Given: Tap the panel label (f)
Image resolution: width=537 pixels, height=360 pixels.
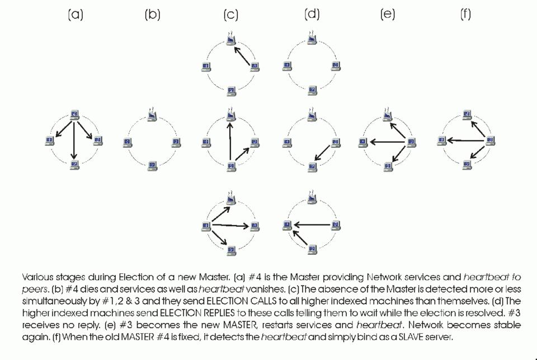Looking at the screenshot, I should pyautogui.click(x=465, y=15).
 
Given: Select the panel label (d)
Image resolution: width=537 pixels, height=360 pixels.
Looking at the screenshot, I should pyautogui.click(x=312, y=15).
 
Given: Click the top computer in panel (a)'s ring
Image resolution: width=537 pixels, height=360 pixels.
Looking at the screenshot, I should pyautogui.click(x=74, y=116).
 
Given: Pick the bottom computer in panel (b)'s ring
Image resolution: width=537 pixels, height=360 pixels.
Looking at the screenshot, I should pyautogui.click(x=152, y=165).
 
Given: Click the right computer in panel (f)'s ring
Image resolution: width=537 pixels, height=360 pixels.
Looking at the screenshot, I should pyautogui.click(x=490, y=140).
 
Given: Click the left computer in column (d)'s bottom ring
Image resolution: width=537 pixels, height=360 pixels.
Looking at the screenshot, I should pyautogui.click(x=288, y=225).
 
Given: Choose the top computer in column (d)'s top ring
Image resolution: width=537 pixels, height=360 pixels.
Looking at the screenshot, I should pyautogui.click(x=312, y=40).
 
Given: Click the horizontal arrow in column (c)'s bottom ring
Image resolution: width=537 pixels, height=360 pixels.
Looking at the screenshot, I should pyautogui.click(x=230, y=226).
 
